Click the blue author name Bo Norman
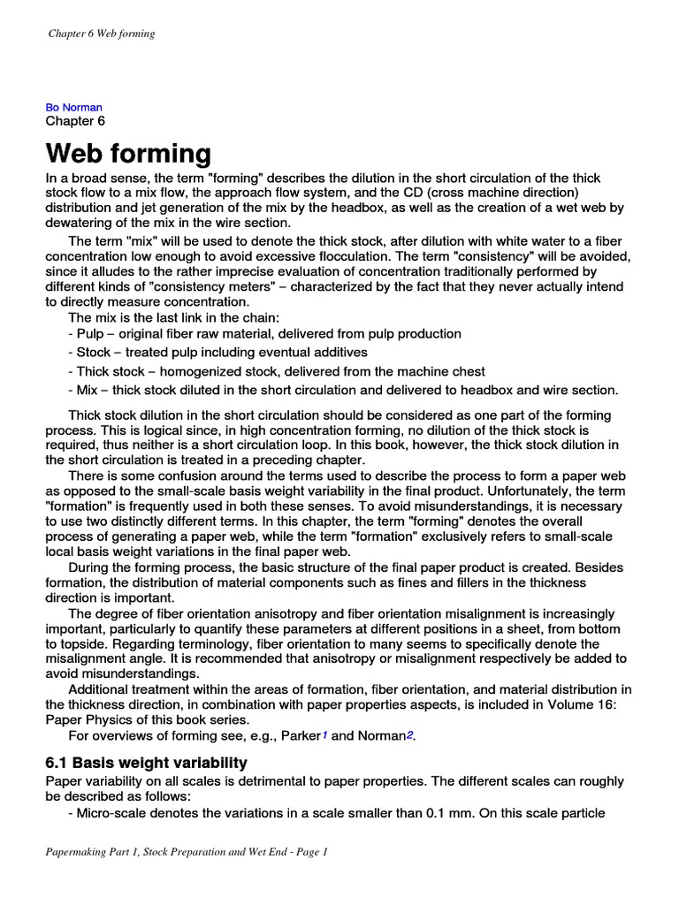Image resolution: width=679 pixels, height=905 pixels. click(73, 107)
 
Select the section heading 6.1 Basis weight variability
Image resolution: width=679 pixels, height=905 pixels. click(146, 762)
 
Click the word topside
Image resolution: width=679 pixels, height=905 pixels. click(85, 643)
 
